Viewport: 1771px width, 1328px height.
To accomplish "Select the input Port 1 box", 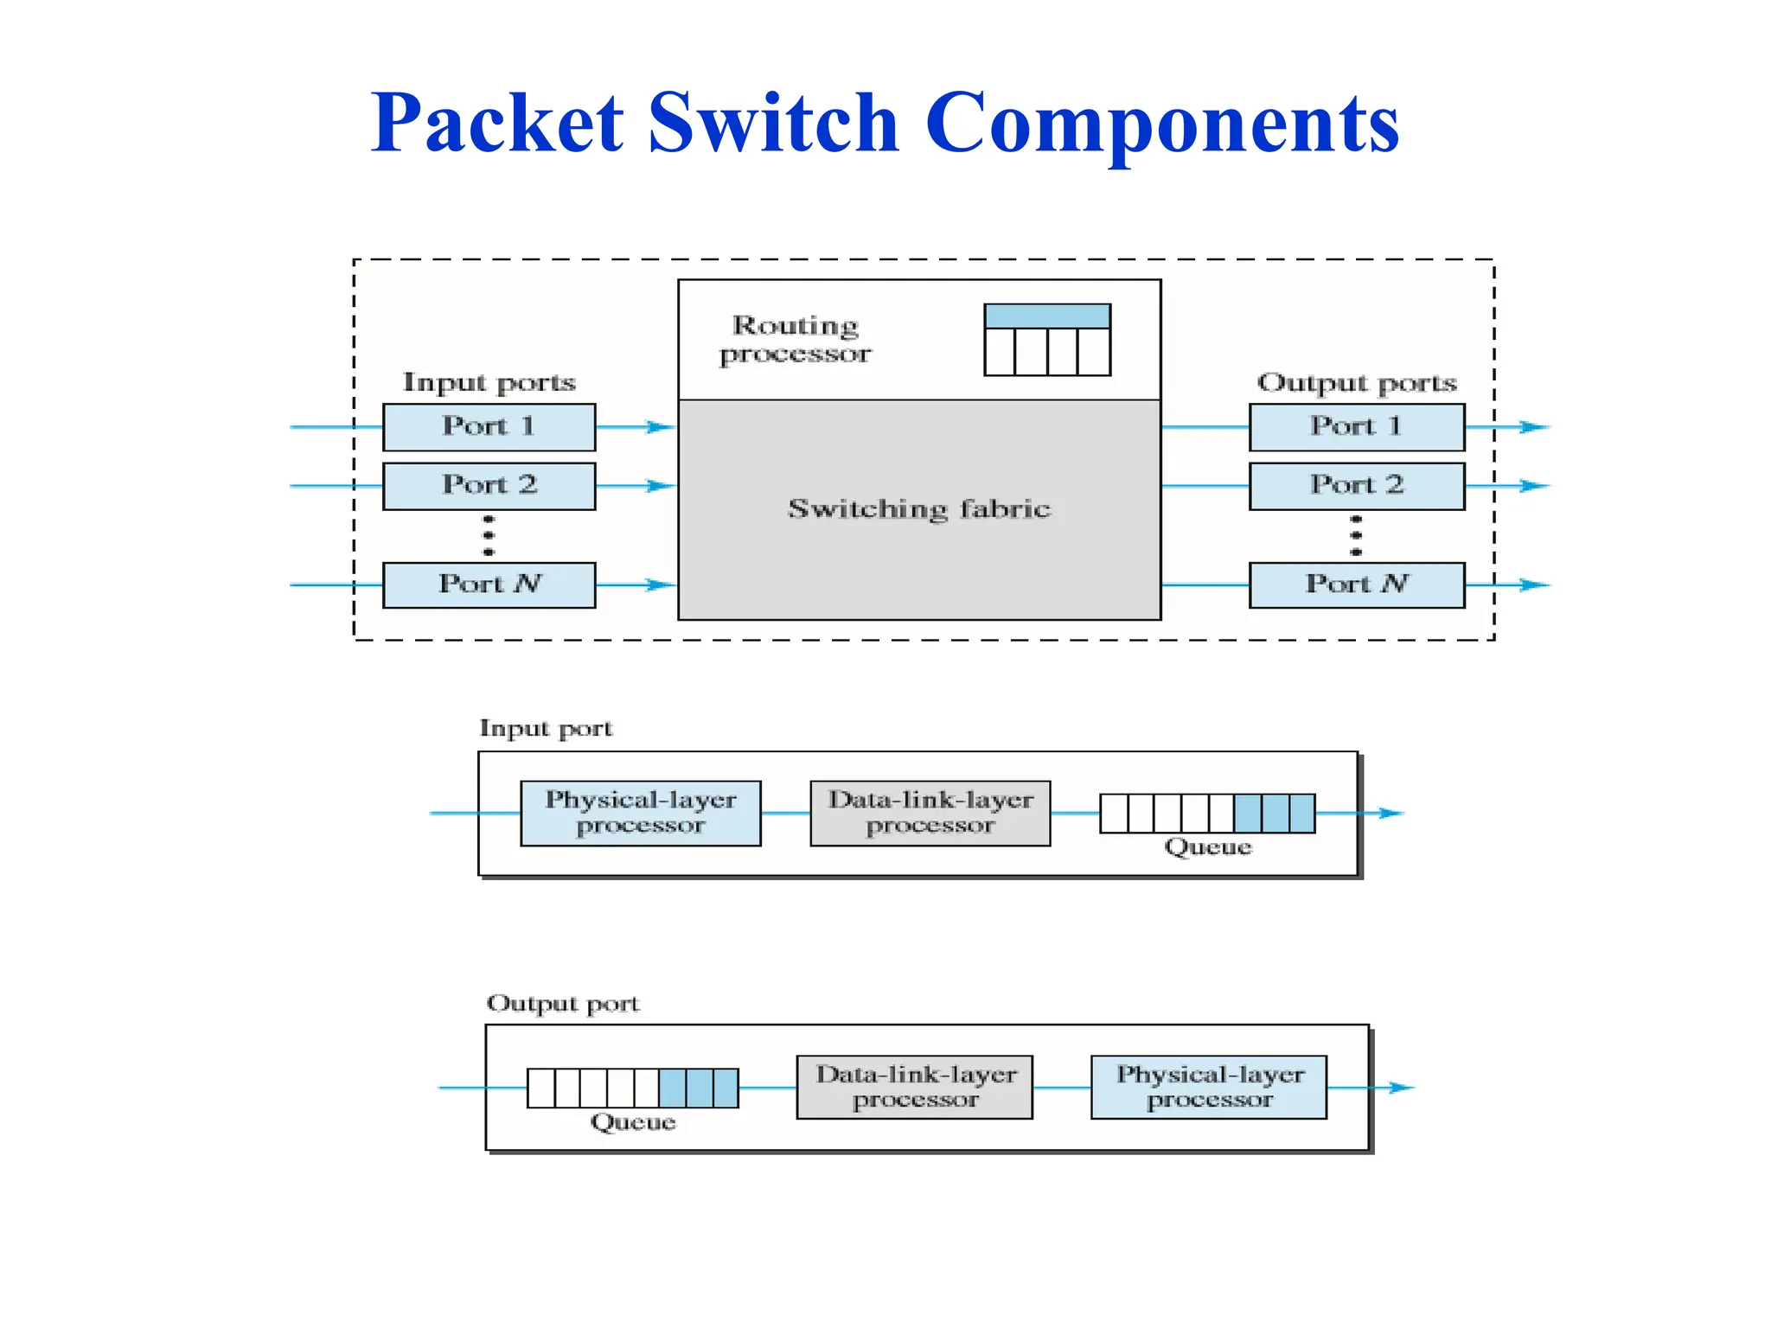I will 489,427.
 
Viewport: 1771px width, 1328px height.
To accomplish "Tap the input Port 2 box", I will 489,486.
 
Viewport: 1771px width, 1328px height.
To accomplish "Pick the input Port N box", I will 489,585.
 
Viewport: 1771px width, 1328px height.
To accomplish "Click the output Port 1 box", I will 1356,427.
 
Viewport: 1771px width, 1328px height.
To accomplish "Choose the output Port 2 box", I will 1356,486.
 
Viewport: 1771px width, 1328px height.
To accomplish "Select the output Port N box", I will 1356,585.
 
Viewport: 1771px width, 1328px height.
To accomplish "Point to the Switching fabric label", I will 918,509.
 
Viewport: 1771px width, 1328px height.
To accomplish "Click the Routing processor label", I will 795,340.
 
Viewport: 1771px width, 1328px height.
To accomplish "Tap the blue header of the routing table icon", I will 1047,316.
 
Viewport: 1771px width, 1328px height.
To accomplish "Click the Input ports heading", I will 489,383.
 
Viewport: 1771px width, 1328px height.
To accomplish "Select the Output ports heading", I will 1356,383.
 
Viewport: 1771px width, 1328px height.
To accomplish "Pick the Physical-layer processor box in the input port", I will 640,813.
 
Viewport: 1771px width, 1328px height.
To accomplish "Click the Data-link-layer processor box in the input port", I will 930,813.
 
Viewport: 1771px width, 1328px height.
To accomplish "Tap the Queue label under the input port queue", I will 1207,847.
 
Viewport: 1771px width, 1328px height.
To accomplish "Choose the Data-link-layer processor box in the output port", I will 914,1087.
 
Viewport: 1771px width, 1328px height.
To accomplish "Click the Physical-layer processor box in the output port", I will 1208,1087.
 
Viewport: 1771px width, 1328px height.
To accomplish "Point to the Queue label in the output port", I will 632,1122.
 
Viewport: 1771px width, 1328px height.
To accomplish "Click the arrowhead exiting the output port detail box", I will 1401,1088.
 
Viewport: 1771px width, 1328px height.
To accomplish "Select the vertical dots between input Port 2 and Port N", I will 489,536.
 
